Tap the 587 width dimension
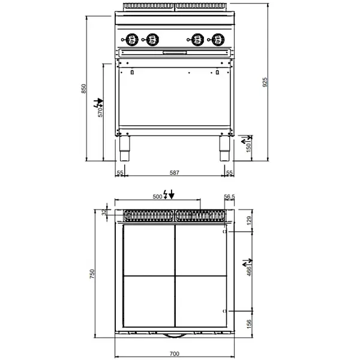click(x=174, y=172)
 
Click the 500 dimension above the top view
click(x=157, y=196)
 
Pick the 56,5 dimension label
click(x=229, y=196)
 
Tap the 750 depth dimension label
click(x=92, y=274)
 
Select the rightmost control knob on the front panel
click(x=215, y=41)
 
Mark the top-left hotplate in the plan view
click(x=148, y=250)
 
